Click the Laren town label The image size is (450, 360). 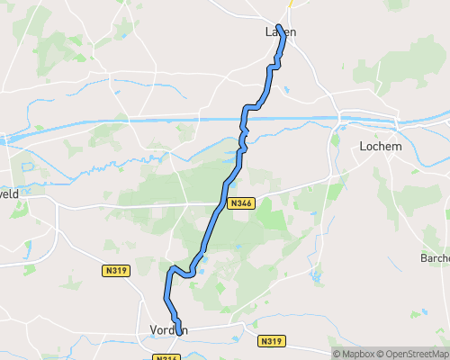[x=280, y=32]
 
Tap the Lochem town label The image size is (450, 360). [x=379, y=146]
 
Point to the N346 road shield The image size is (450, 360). [x=241, y=203]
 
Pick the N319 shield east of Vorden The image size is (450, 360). [x=270, y=341]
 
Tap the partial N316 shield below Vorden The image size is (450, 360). [x=163, y=357]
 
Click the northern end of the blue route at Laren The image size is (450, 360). [x=279, y=26]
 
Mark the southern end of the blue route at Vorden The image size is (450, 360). [x=178, y=332]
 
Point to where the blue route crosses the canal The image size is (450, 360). [x=245, y=118]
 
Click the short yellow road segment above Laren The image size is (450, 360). [x=291, y=4]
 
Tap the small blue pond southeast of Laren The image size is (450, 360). [x=286, y=90]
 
